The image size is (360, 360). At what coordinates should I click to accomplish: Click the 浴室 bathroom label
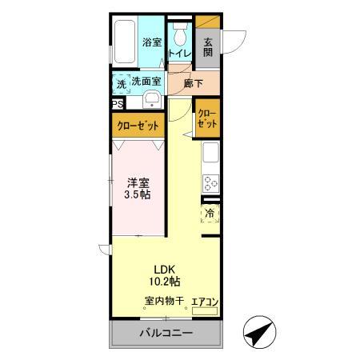(x=152, y=42)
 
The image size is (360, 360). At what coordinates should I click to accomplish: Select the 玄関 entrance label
(x=208, y=47)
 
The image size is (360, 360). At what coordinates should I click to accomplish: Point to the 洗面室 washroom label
(x=146, y=81)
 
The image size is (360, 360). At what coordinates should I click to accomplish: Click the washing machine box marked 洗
(x=121, y=82)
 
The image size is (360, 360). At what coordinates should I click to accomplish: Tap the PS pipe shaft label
(x=117, y=103)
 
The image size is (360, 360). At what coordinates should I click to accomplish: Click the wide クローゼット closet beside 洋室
(x=138, y=126)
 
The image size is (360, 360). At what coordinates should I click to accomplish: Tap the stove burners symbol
(x=211, y=182)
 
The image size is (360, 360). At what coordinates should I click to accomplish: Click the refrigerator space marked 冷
(x=210, y=214)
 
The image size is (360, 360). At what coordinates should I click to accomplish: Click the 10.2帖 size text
(x=166, y=282)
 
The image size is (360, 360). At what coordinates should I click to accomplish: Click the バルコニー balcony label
(x=166, y=333)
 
